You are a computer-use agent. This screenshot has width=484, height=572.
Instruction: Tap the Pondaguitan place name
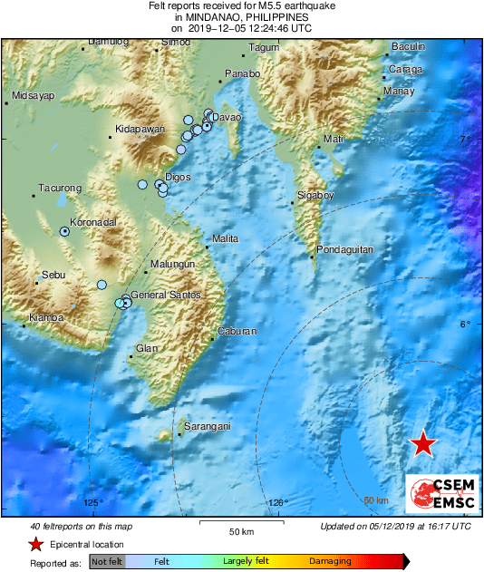[345, 249]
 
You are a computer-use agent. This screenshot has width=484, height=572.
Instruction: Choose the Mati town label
[334, 139]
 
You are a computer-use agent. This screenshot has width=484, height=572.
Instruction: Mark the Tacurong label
[60, 189]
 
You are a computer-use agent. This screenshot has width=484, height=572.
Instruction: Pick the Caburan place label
[237, 332]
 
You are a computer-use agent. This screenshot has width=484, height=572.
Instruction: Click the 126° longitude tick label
[278, 503]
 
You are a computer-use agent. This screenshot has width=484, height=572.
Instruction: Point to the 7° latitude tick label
[468, 139]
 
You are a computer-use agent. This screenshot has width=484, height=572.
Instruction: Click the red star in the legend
[34, 544]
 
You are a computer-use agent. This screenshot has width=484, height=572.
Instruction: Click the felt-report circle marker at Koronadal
[65, 232]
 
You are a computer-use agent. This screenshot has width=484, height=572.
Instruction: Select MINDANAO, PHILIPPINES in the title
[241, 16]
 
